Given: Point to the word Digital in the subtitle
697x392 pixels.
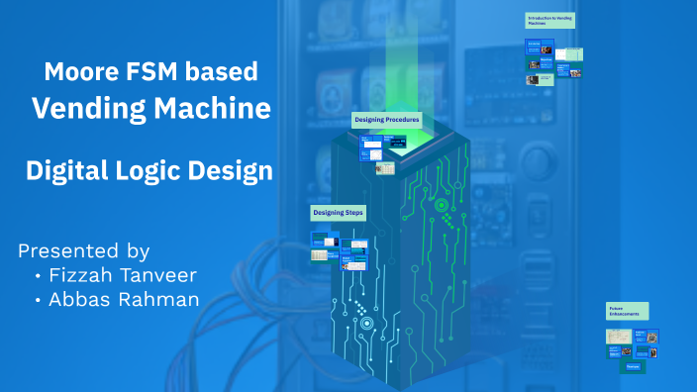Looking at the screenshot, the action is tap(66, 171).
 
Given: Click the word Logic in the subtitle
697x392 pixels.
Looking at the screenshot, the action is tap(156, 171).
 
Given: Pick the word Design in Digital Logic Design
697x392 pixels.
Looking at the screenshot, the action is tap(235, 171).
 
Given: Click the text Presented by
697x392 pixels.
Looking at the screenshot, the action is tap(83, 249).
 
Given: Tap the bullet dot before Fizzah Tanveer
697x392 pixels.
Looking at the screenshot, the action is tap(38, 275).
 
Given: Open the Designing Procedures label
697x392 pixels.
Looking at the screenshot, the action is tap(387, 120).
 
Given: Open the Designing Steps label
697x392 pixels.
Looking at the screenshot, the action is tap(338, 212).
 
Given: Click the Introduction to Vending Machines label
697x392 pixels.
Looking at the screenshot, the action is tap(549, 21).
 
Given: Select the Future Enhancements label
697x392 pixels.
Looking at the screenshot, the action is tap(628, 311).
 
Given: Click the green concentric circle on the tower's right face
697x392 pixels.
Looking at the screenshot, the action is tap(441, 206).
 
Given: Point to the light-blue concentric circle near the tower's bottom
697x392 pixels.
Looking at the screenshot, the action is tap(366, 323).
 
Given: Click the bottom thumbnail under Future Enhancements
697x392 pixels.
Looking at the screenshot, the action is tap(632, 366).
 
